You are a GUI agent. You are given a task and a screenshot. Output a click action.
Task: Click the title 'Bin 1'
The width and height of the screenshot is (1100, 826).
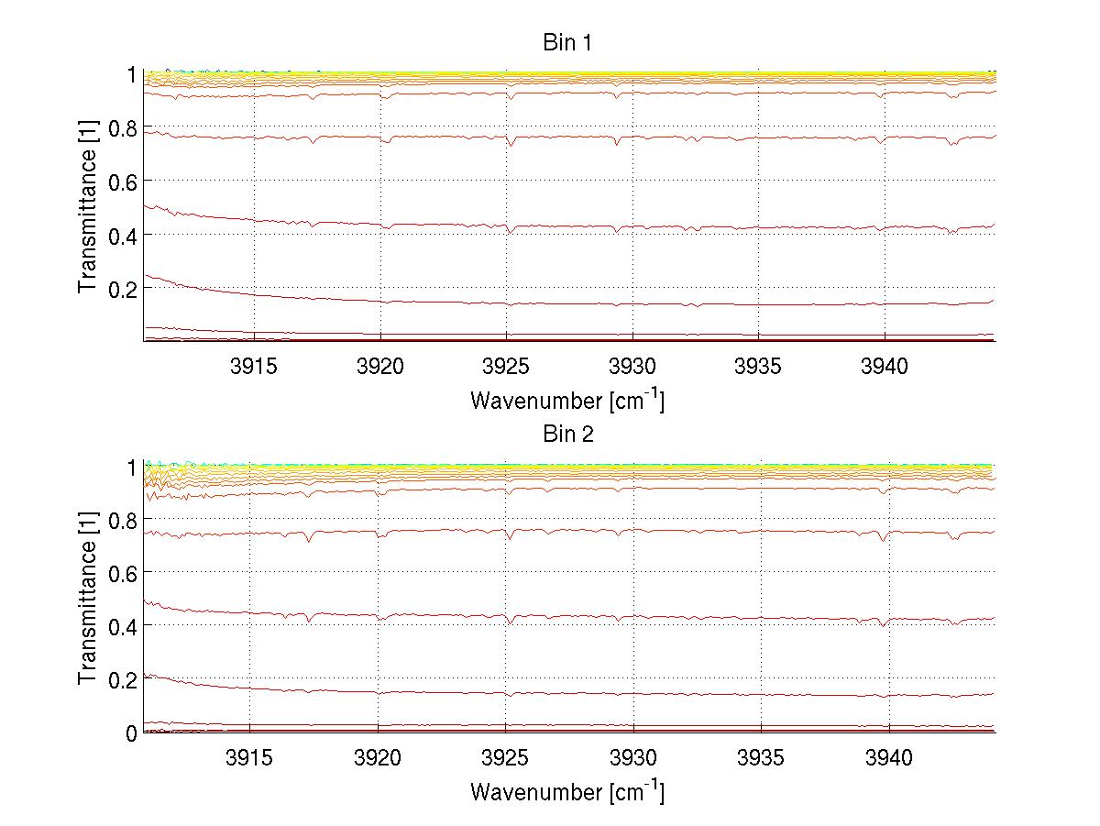pos(568,42)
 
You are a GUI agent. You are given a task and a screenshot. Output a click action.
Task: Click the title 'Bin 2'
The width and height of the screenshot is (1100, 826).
pos(568,434)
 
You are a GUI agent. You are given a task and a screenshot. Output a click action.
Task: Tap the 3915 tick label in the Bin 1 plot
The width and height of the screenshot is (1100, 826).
pos(253,367)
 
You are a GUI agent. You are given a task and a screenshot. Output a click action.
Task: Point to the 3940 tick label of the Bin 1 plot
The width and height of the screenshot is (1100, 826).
pos(885,367)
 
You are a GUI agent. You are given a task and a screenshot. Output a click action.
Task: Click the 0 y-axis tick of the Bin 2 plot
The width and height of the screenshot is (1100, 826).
pos(131,732)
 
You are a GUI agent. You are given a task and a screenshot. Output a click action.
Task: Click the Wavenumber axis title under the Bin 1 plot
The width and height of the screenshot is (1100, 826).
pos(567,400)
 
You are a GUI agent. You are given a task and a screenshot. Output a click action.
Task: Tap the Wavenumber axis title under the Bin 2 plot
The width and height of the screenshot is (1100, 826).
pos(567,791)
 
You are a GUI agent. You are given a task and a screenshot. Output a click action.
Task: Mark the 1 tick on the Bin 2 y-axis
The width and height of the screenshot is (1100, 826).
pos(131,466)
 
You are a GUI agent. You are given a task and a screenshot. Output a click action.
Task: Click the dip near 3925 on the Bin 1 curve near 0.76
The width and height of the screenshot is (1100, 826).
pos(511,144)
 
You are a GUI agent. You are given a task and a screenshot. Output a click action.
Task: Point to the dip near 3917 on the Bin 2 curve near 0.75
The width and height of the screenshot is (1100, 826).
pos(309,540)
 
